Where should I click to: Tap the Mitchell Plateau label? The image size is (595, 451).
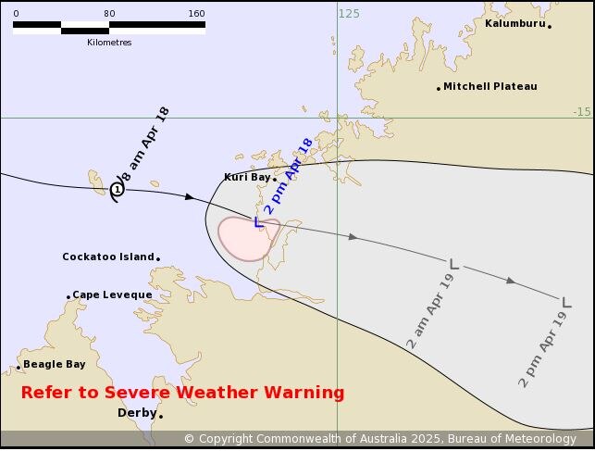490,86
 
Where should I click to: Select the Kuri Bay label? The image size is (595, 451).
246,177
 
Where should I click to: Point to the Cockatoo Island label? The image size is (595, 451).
107,257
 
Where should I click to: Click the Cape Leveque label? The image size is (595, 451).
112,294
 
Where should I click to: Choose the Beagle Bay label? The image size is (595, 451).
54,364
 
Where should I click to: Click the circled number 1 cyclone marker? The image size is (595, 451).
118,189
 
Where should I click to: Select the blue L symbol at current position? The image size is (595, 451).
258,221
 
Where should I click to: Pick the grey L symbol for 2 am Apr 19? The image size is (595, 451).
453,264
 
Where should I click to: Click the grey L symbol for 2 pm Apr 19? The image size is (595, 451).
565,301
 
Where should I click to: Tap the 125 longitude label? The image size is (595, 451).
349,13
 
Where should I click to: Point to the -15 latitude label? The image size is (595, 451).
580,111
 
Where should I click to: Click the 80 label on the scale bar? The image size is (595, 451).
109,13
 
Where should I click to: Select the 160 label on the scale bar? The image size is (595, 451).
196,13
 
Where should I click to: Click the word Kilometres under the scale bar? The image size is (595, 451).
109,43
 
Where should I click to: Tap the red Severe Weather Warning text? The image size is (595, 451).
182,393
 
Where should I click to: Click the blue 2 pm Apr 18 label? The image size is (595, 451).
289,176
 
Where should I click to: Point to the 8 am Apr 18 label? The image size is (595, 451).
145,144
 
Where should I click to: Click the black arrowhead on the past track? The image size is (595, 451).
190,196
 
